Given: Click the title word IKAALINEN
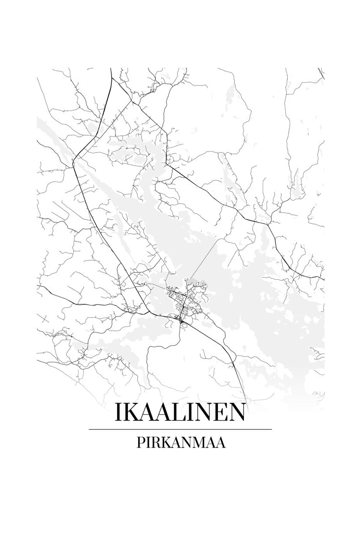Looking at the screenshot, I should (x=180, y=413).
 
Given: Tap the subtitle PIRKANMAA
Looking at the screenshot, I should (x=180, y=443).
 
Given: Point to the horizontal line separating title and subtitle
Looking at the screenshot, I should (x=180, y=429).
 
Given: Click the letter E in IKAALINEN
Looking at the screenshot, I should (x=216, y=413).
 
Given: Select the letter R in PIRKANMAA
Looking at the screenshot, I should (x=153, y=443).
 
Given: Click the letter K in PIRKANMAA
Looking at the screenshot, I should (x=165, y=443).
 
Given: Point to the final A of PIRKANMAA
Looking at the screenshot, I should (x=220, y=443).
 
